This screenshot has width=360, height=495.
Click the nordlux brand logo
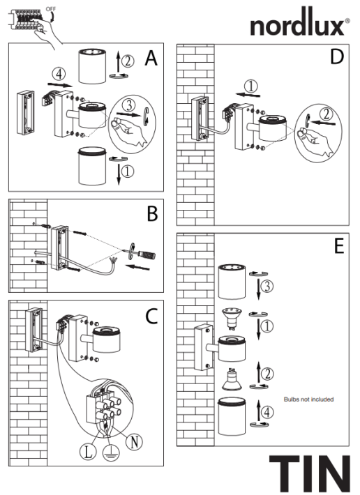299,26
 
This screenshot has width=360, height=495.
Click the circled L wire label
88,451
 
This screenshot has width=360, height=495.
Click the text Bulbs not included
308,399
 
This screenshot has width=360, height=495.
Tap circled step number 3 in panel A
127,104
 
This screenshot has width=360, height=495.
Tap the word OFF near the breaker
51,8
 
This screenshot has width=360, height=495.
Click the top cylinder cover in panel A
91,64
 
